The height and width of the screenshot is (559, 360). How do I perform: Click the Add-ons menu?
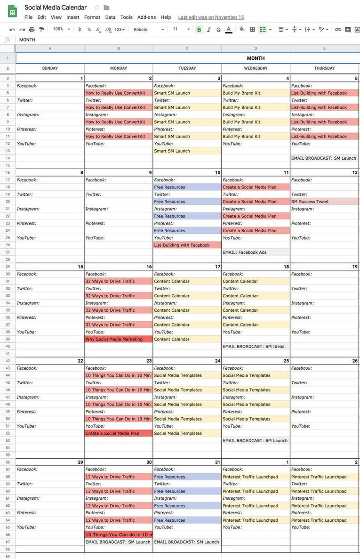[146, 17]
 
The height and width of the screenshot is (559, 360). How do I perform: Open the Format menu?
[92, 17]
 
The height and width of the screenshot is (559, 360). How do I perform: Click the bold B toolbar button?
[199, 29]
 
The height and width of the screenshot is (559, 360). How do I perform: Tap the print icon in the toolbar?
[32, 29]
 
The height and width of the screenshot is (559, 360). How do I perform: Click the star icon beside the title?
[96, 8]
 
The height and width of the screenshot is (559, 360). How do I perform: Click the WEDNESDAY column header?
[256, 68]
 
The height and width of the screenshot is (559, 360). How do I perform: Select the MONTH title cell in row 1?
[256, 58]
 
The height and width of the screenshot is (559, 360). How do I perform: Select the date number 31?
[217, 462]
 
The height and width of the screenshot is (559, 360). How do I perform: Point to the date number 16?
[149, 267]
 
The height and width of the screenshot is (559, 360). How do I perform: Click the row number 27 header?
[8, 252]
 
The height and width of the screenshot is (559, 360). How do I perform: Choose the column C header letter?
[187, 49]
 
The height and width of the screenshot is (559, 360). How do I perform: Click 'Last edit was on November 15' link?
[211, 17]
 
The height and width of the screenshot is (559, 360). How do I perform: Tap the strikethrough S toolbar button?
[218, 29]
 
